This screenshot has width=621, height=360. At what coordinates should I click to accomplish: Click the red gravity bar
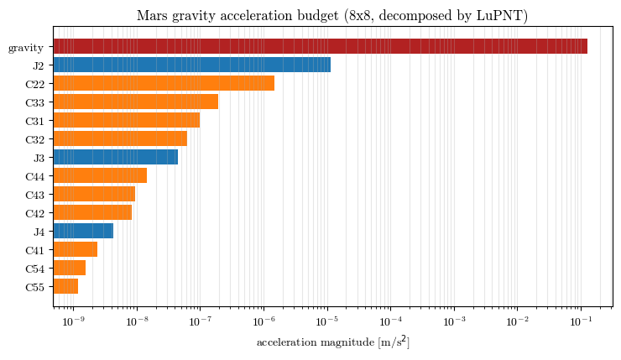pyautogui.click(x=321, y=46)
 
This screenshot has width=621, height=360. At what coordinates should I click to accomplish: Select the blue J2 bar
pyautogui.click(x=192, y=65)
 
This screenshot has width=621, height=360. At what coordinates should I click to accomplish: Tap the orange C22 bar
pyautogui.click(x=164, y=83)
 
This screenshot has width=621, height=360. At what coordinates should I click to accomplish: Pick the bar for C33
pyautogui.click(x=136, y=102)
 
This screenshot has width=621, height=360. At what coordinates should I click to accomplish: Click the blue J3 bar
pyautogui.click(x=116, y=157)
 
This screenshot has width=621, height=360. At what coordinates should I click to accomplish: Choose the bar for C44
pyautogui.click(x=100, y=176)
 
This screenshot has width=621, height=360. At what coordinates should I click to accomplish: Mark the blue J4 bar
pyautogui.click(x=84, y=232)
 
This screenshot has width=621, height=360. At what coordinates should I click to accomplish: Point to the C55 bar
pyautogui.click(x=65, y=287)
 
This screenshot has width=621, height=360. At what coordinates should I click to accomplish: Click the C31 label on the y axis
pyautogui.click(x=35, y=121)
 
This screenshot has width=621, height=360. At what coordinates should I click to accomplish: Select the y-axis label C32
pyautogui.click(x=35, y=140)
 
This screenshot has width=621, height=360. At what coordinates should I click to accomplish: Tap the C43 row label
pyautogui.click(x=35, y=196)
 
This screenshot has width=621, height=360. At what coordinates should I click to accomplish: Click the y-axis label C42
pyautogui.click(x=35, y=214)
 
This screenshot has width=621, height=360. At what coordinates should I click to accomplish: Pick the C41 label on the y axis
pyautogui.click(x=35, y=251)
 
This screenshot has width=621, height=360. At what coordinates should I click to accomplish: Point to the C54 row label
pyautogui.click(x=35, y=269)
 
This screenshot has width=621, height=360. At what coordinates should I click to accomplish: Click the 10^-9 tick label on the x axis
pyautogui.click(x=73, y=321)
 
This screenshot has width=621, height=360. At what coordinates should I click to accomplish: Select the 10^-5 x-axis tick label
pyautogui.click(x=327, y=321)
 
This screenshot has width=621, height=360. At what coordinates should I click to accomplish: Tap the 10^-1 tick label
pyautogui.click(x=581, y=321)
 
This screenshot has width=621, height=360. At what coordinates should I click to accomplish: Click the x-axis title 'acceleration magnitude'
pyautogui.click(x=316, y=342)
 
